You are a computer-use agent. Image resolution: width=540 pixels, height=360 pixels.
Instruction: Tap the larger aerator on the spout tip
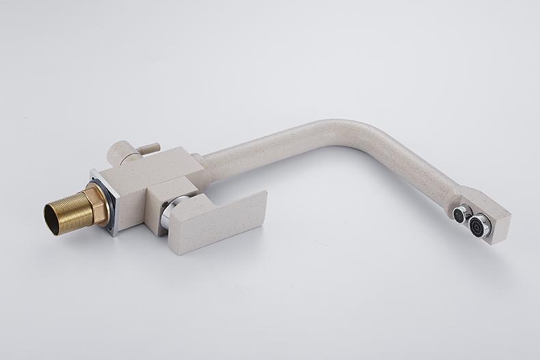[481, 225]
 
